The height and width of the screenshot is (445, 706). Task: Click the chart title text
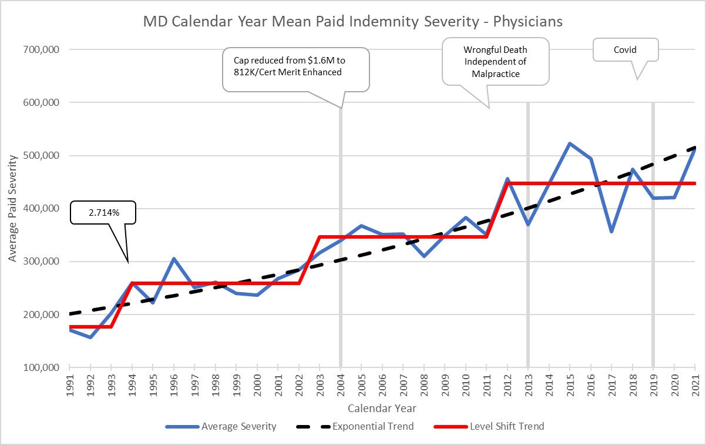click(353, 22)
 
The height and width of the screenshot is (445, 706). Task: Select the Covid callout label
click(625, 50)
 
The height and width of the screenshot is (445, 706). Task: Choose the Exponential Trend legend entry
click(359, 426)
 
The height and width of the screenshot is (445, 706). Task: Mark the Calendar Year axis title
click(382, 407)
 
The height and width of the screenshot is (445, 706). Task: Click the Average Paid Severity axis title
click(12, 209)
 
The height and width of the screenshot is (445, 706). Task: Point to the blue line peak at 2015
click(570, 143)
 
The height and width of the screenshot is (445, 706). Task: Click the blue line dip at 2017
click(611, 232)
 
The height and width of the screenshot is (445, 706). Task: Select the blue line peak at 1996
click(174, 259)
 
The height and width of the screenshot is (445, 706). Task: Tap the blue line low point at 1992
click(90, 337)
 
